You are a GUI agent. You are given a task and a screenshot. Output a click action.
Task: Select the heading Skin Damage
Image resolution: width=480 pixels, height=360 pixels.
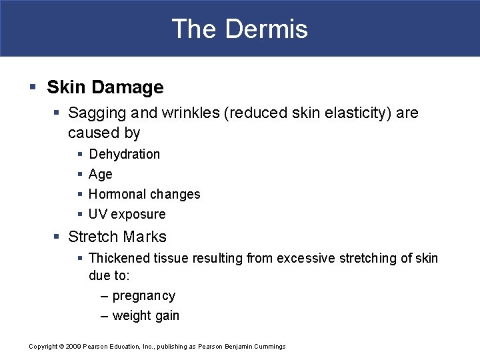[105, 87]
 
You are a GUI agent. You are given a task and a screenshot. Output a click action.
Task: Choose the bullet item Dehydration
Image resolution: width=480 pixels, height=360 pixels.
[124, 154]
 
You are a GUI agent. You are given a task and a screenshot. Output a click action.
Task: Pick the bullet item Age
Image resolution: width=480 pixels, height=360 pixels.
[101, 174]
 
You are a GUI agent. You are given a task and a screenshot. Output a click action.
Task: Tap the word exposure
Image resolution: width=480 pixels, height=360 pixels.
[138, 214]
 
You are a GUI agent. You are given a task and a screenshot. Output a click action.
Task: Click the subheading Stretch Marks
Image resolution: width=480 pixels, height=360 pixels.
[117, 237]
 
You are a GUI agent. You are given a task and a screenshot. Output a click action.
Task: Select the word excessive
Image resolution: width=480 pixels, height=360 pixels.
[304, 257]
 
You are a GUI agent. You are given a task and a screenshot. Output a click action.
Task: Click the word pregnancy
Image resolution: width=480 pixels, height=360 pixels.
[144, 296]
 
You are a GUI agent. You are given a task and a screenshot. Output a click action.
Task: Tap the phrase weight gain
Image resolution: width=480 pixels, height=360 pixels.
[146, 316]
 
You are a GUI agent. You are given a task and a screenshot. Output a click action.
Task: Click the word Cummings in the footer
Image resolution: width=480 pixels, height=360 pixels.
[270, 347]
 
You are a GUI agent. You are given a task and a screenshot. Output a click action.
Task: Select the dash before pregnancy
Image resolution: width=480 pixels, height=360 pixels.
[105, 296]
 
